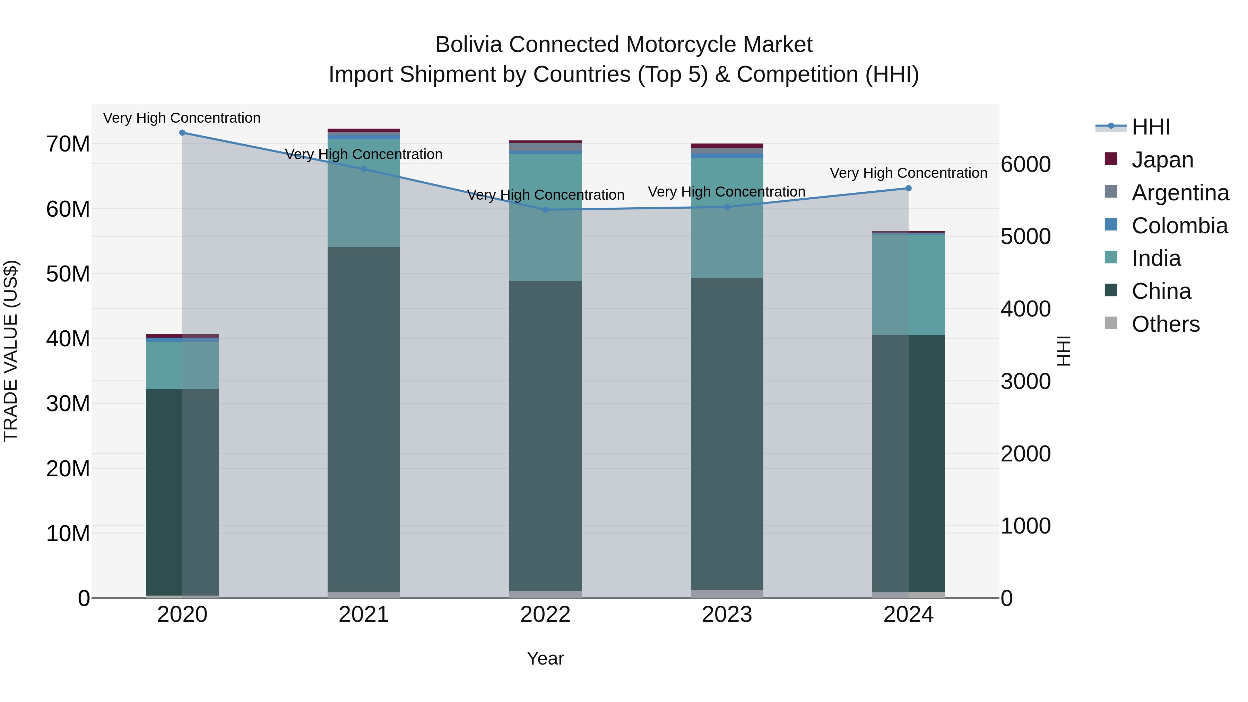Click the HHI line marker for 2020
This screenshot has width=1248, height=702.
pos(182,133)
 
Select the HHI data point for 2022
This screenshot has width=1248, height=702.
pos(545,210)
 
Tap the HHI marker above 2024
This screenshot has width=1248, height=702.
pos(908,189)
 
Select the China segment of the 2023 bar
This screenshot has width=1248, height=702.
pos(727,434)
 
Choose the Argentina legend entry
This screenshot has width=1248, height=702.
pos(1180,193)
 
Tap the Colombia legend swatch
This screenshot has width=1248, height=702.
pos(1111,225)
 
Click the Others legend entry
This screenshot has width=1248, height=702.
pos(1165,324)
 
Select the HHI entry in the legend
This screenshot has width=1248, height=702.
pos(1151,127)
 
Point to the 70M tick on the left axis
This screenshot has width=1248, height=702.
pos(68,144)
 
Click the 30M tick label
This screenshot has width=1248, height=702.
pos(68,404)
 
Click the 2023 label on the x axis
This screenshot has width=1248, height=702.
pos(727,615)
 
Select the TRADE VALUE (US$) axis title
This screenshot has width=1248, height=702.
pos(11,351)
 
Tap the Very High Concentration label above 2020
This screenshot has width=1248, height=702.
pos(182,118)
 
